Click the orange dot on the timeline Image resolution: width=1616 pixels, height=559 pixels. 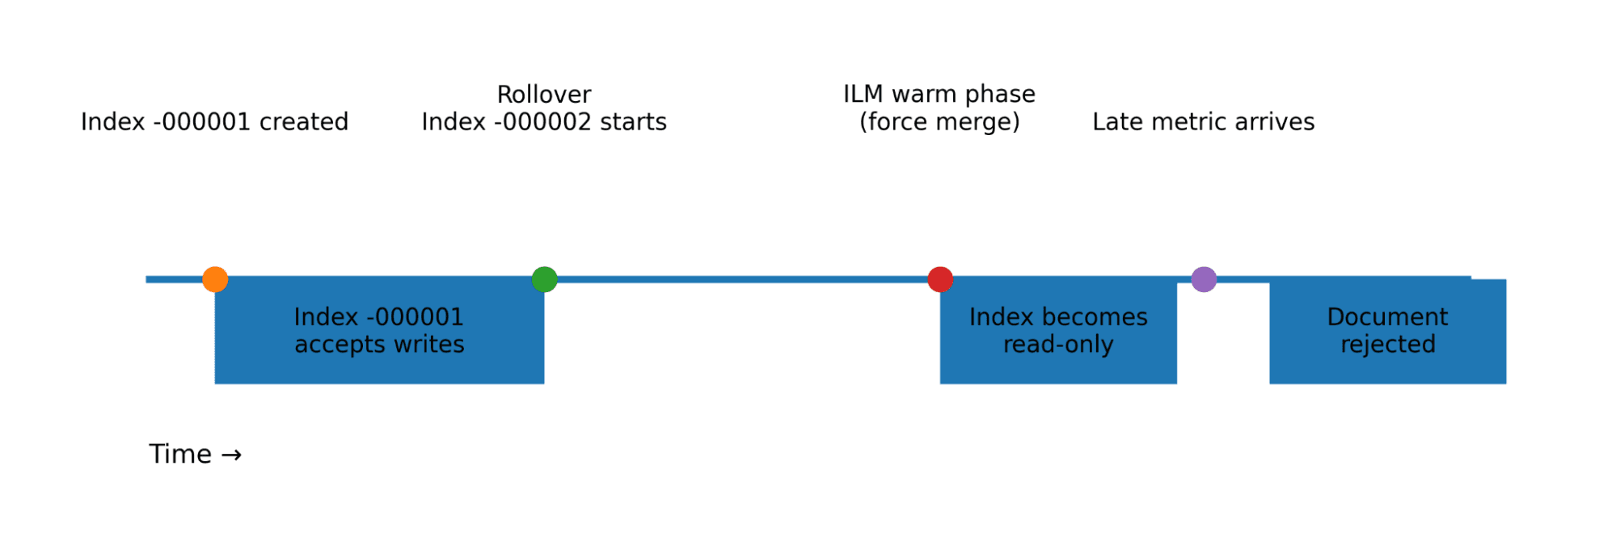pos(215,279)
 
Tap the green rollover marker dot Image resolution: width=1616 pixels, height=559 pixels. pos(545,279)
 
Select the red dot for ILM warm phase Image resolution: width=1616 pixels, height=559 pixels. pos(940,279)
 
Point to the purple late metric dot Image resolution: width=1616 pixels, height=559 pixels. pos(1204,279)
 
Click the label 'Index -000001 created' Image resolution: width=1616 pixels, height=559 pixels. pos(214,122)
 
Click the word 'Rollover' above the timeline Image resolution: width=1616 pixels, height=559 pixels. pos(544,95)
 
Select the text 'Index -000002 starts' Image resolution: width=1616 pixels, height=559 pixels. pos(544,122)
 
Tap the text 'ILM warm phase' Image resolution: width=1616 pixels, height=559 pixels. pos(939,95)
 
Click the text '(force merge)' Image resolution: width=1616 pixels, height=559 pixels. pos(939,122)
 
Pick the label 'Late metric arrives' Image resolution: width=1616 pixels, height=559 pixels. pos(1203,122)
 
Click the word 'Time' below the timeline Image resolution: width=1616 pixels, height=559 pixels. pos(180,455)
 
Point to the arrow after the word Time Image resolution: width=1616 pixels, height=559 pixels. pos(231,455)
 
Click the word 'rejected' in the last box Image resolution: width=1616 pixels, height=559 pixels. pos(1388,345)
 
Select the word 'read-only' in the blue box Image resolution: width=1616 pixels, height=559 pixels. pos(1058,345)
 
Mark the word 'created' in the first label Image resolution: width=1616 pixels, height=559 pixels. pos(304,122)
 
